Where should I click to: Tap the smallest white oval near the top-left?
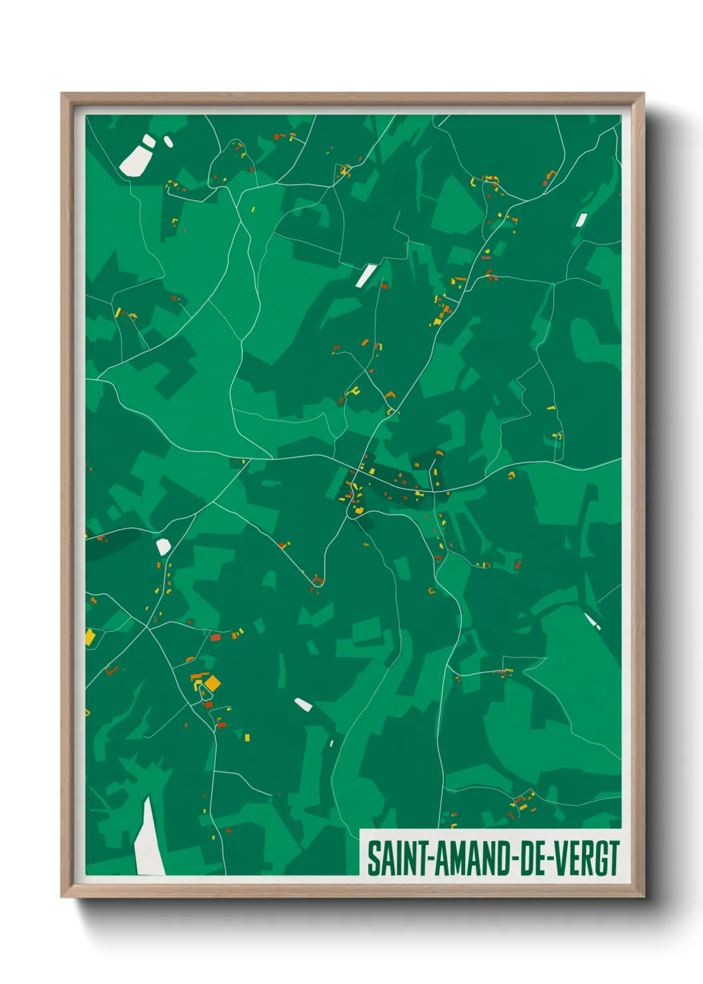[x=168, y=141]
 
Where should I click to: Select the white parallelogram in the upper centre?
[x=365, y=275]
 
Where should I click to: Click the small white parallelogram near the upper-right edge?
[x=581, y=220]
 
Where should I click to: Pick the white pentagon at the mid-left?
[x=163, y=547]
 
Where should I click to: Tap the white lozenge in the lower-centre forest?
[x=303, y=704]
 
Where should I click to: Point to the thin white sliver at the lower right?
[x=591, y=622]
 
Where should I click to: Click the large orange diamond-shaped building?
[x=212, y=683]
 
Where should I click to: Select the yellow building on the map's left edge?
[x=90, y=637]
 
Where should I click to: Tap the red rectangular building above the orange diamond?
[x=215, y=638]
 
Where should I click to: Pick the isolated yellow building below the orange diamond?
[x=247, y=737]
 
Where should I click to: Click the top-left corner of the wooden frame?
[x=62, y=94]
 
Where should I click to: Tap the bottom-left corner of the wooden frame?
[x=62, y=897]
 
